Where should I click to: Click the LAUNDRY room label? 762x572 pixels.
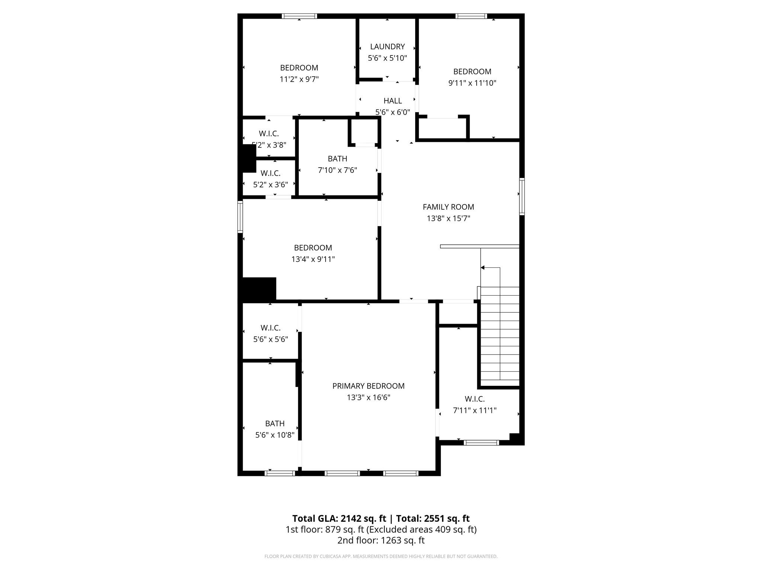point(387,47)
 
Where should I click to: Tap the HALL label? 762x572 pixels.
point(393,101)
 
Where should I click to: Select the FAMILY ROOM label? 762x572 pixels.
point(448,207)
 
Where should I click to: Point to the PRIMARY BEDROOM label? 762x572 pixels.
point(368,386)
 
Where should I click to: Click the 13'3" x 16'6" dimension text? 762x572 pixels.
point(368,398)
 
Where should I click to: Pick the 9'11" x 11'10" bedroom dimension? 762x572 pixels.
point(472,83)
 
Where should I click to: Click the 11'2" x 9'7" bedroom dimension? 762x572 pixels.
point(299,79)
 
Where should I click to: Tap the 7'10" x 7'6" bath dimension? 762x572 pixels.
point(337,170)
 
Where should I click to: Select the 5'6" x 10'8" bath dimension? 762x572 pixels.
point(275,435)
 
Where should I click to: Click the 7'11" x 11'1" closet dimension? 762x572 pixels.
point(474,410)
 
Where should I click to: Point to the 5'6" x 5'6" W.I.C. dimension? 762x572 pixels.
point(270,339)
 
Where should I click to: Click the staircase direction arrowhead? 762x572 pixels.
point(483,268)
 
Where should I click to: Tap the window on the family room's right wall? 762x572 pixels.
point(522,197)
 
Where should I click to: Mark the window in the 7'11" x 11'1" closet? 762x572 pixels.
point(481,443)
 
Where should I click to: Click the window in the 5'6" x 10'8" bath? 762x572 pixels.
point(280,473)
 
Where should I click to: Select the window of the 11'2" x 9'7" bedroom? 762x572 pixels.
point(300,16)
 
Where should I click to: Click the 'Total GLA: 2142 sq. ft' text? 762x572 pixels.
point(339,518)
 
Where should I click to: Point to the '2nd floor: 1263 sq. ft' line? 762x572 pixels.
point(381,540)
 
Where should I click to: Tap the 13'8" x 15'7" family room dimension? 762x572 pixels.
point(448,219)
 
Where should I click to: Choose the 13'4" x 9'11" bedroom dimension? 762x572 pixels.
point(313,259)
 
